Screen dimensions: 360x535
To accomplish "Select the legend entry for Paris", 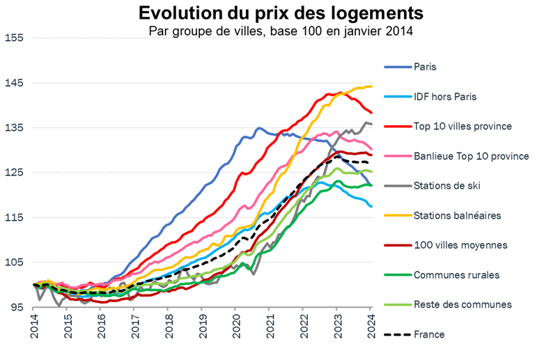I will click(429, 67).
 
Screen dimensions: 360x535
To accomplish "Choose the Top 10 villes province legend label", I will click(463, 126).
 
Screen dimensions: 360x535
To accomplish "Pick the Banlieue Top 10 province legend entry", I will click(471, 155).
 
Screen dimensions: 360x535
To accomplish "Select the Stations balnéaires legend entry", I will click(457, 215).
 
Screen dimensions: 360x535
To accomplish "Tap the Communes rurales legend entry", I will click(456, 275).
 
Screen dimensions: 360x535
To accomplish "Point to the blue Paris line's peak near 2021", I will click(259, 128).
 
